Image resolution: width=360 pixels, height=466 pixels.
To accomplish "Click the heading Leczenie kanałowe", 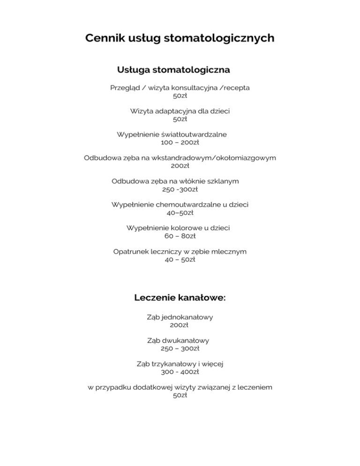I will click(180, 297).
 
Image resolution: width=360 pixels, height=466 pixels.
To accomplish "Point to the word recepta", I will click(233, 88).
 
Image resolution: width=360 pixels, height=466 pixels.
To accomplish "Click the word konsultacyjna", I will click(186, 88).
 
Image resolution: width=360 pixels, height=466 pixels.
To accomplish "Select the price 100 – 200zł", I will click(180, 142).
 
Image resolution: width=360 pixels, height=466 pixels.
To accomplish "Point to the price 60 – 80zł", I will click(180, 236).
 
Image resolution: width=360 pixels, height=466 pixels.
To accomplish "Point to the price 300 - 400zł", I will click(180, 372).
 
